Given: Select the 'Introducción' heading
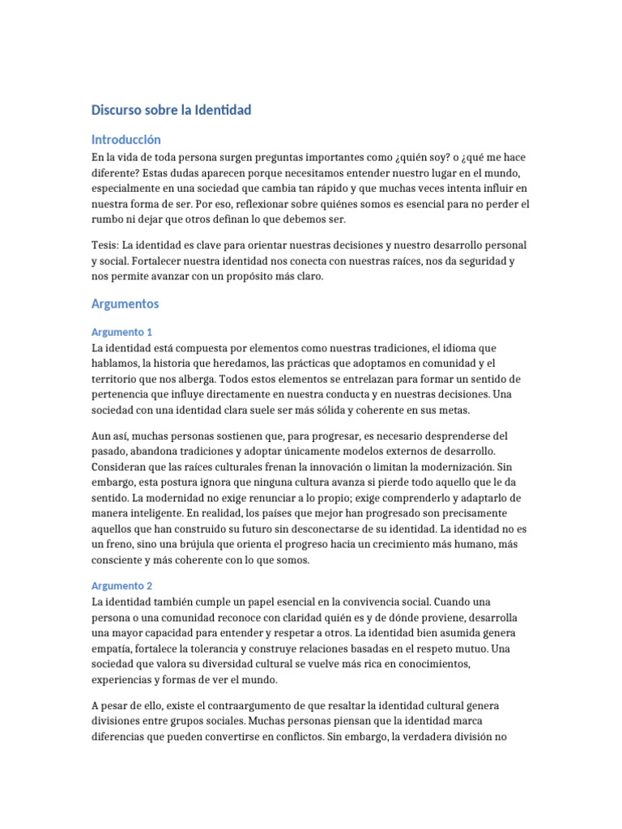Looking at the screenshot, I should tap(126, 139).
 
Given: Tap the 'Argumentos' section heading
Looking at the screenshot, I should tap(126, 304).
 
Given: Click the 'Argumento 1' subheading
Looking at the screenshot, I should tap(122, 332).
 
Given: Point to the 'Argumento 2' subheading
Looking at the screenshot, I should tap(122, 585).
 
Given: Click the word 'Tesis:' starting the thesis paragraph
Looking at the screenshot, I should tap(107, 244).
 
